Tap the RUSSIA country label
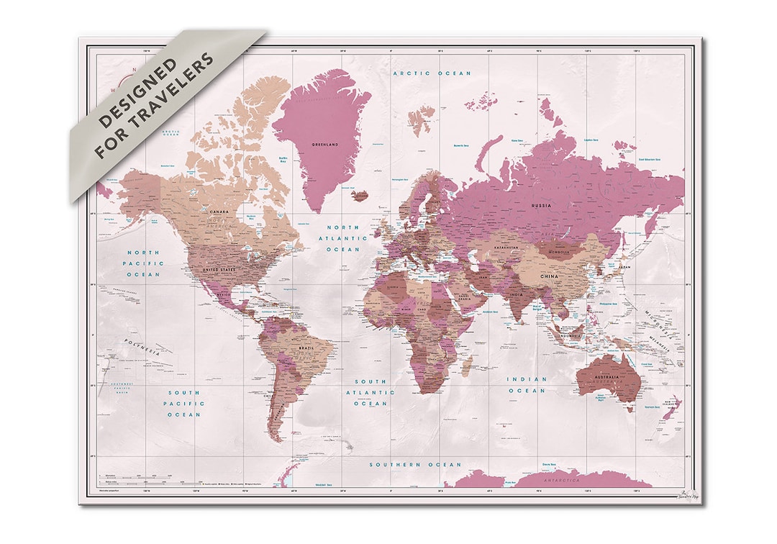point(541,205)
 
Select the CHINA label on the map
point(548,276)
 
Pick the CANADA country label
point(219,212)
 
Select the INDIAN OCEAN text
point(527,384)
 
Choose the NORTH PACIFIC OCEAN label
point(145,263)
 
